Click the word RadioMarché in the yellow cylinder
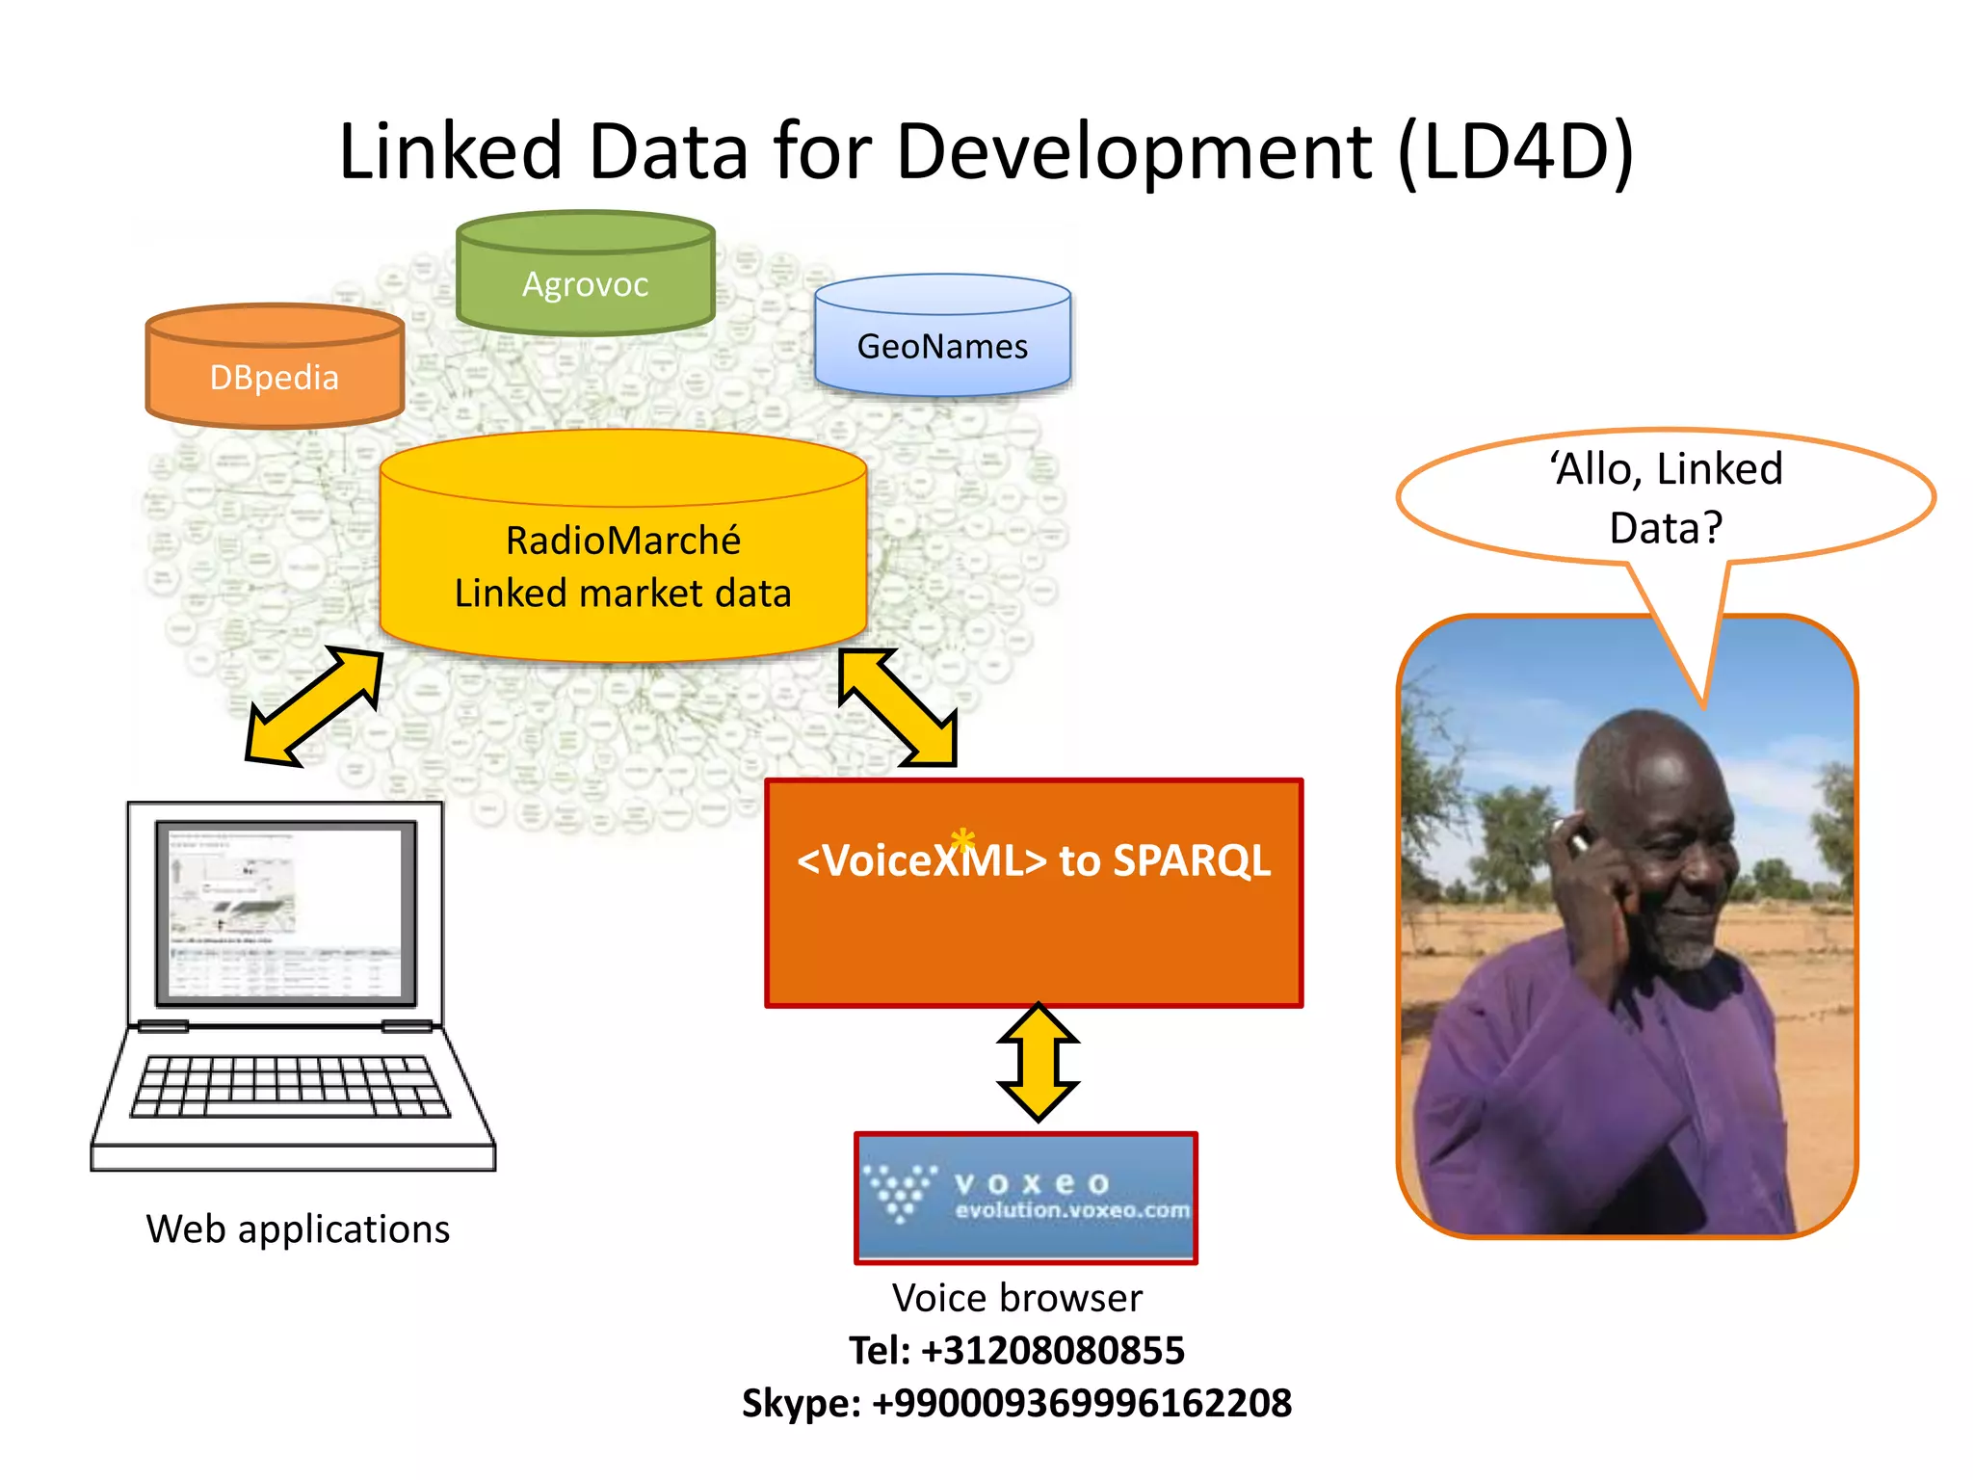click(622, 541)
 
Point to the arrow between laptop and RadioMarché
click(314, 706)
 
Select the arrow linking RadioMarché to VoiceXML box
click(898, 707)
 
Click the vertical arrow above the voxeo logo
click(1038, 1062)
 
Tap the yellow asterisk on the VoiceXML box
click(962, 840)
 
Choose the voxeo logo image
click(1026, 1197)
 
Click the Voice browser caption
click(1016, 1298)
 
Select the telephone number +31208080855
click(1052, 1350)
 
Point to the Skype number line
click(1016, 1403)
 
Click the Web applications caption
click(298, 1229)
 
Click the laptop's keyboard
click(290, 1087)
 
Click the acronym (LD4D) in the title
click(1515, 151)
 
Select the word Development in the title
click(1133, 151)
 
